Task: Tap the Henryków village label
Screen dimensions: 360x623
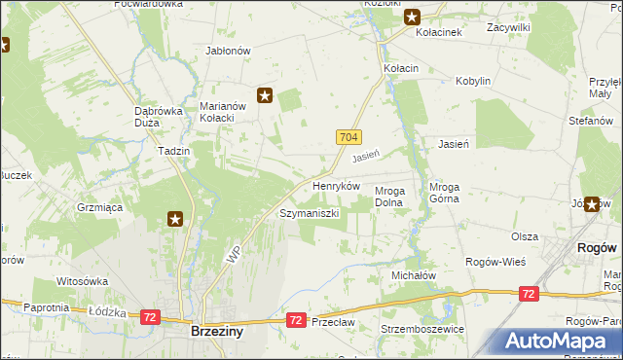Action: pyautogui.click(x=336, y=185)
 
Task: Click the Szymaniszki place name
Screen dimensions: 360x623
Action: pyautogui.click(x=309, y=212)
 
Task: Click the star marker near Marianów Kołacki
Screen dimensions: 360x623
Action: pyautogui.click(x=265, y=94)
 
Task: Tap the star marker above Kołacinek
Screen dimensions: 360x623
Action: pyautogui.click(x=412, y=16)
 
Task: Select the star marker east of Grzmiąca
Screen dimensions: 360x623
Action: pyautogui.click(x=175, y=220)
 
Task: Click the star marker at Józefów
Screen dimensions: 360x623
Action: pyautogui.click(x=592, y=204)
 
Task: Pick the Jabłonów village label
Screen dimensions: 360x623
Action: pyautogui.click(x=229, y=51)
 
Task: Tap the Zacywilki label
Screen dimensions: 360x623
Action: pyautogui.click(x=508, y=28)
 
